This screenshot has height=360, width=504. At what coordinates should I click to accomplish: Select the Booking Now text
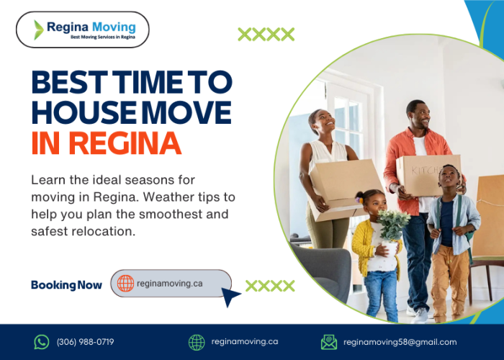pos(66,284)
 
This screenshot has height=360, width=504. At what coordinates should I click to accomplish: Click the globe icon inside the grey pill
pos(126,284)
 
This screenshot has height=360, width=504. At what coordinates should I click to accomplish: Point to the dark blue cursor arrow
pos(230,296)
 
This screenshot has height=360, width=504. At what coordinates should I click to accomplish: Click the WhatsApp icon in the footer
pos(42,342)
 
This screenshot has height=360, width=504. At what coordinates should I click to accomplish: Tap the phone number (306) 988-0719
pos(85,342)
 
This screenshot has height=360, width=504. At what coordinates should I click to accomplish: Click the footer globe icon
pos(197,342)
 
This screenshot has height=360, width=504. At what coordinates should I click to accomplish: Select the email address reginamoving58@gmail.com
pos(400,342)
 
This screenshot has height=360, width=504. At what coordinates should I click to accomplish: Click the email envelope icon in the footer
pos(329,342)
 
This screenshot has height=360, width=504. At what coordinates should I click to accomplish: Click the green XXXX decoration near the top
pos(266,34)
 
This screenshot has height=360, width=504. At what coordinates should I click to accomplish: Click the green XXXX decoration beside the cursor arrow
pos(270,286)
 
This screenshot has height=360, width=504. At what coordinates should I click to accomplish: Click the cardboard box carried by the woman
pos(346,185)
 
